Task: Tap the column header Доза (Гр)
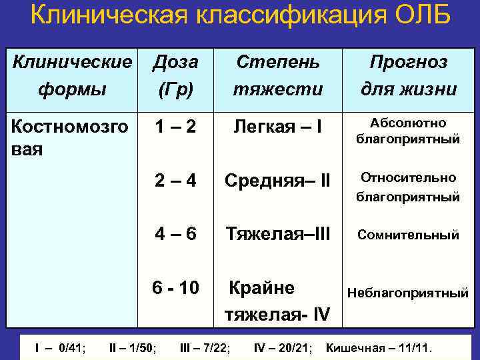pos(175,75)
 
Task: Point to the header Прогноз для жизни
pos(408,75)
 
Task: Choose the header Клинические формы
pos(73,75)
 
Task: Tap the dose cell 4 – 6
pos(175,235)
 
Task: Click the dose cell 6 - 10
pos(175,288)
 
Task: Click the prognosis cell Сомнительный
pos(408,235)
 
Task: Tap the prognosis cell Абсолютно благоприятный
pos(408,131)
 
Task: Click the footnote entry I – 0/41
pos(60,347)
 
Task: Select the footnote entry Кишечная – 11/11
pos(379,347)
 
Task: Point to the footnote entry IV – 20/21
pos(283,347)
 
